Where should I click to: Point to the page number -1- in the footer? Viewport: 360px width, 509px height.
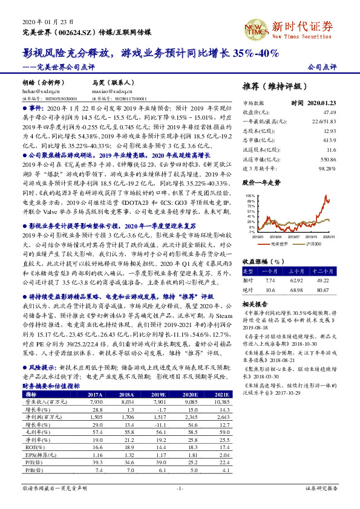180,488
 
